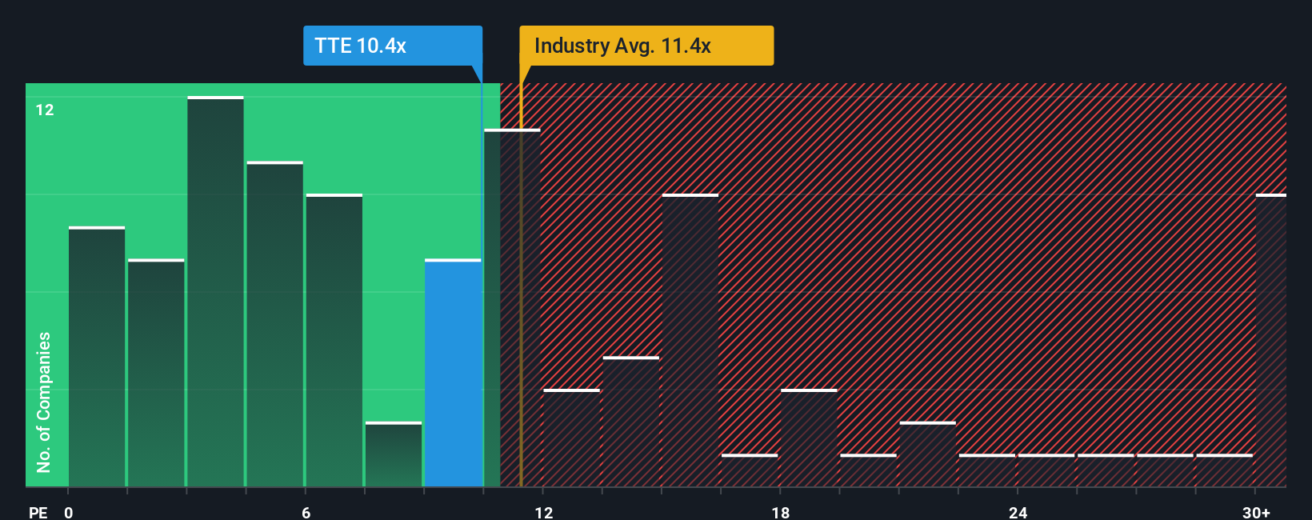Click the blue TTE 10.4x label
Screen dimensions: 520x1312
pyautogui.click(x=392, y=46)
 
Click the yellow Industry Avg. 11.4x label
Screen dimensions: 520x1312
pyautogui.click(x=646, y=46)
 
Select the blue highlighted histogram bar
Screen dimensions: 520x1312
pyautogui.click(x=453, y=373)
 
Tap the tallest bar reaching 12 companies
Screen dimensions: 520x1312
pyautogui.click(x=215, y=292)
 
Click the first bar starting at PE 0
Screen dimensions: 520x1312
pyautogui.click(x=97, y=357)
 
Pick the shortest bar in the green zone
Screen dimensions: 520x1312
pyautogui.click(x=394, y=454)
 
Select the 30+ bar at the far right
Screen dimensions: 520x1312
pyautogui.click(x=1270, y=340)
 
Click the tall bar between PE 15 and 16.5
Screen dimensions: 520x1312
pyautogui.click(x=690, y=340)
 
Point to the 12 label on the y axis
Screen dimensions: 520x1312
pyautogui.click(x=45, y=110)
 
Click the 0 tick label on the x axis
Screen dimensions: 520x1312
pyautogui.click(x=69, y=512)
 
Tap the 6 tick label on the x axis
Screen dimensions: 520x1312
pyautogui.click(x=306, y=512)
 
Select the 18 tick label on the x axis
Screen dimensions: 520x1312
pyautogui.click(x=780, y=512)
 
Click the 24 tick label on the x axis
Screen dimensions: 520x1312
pyautogui.click(x=1018, y=512)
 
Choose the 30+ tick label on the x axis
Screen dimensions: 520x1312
pyautogui.click(x=1256, y=512)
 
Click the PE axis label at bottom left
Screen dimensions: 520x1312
pyautogui.click(x=38, y=512)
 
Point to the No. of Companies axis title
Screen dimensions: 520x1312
pyautogui.click(x=44, y=402)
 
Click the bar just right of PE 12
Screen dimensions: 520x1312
pyautogui.click(x=571, y=438)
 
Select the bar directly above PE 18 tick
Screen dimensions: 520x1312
pyautogui.click(x=809, y=438)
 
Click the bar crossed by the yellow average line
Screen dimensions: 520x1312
pyautogui.click(x=512, y=308)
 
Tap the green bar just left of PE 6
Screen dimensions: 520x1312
pyautogui.click(x=275, y=324)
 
